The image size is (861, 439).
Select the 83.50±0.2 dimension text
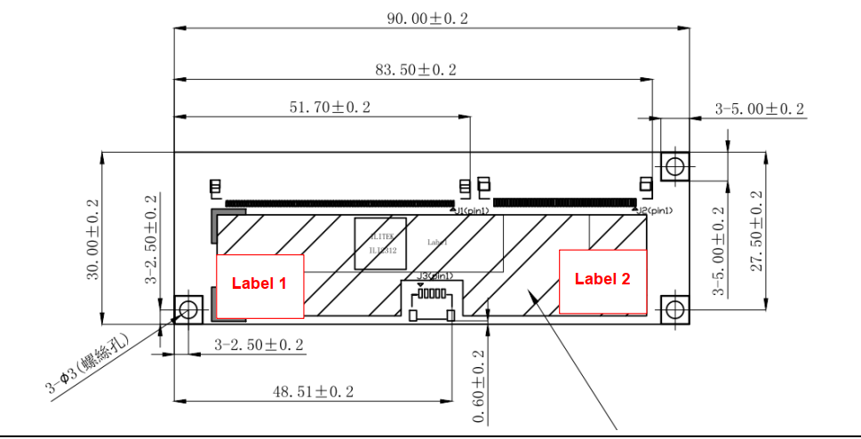(416, 70)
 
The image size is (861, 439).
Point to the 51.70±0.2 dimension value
(330, 108)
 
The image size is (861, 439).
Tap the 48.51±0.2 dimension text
(313, 392)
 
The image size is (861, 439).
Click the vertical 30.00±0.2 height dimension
(93, 239)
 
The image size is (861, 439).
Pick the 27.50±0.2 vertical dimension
(758, 231)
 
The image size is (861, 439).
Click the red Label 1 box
(259, 286)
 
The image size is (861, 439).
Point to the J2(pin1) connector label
(654, 211)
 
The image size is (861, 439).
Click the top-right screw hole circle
(674, 165)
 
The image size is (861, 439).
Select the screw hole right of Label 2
(674, 309)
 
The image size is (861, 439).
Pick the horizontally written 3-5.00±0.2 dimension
(760, 109)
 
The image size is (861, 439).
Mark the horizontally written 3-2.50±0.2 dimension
(259, 344)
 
